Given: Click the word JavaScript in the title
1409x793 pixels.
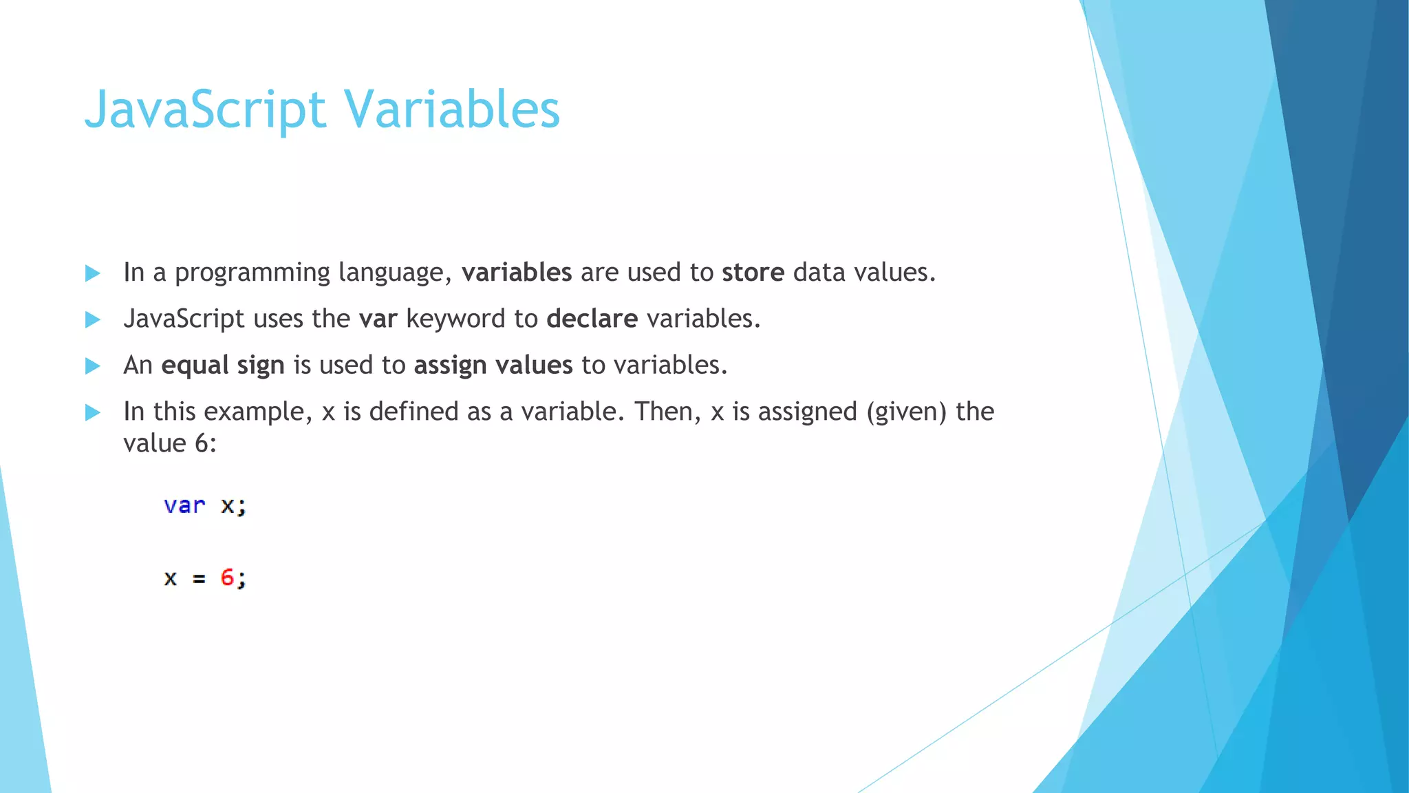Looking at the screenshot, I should click(x=204, y=110).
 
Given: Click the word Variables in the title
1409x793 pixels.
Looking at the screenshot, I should click(x=452, y=110).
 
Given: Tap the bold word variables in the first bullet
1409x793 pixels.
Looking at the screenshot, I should click(x=516, y=273).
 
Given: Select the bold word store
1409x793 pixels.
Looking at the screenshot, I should click(x=753, y=273).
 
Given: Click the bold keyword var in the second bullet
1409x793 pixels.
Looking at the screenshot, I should click(x=378, y=319).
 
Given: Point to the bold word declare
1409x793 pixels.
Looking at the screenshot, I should click(x=592, y=319).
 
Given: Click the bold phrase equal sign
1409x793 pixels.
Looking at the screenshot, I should click(x=222, y=365).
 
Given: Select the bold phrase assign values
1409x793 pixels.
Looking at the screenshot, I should click(x=493, y=365).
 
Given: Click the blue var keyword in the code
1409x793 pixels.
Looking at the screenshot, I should click(x=184, y=505).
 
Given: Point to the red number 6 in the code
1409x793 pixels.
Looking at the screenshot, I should click(x=227, y=577).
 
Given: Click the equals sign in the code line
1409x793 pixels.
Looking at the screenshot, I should click(x=199, y=579).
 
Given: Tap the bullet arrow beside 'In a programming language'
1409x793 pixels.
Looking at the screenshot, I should click(x=92, y=273).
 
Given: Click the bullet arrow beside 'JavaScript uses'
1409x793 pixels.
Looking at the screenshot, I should click(x=92, y=319).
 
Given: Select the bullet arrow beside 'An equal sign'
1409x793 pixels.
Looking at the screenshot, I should click(x=92, y=366).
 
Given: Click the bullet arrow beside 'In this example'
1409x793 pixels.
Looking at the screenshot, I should click(x=92, y=412).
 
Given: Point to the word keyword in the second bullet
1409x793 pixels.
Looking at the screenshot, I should click(x=455, y=319).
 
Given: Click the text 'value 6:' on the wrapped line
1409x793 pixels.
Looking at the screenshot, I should click(x=170, y=443).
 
